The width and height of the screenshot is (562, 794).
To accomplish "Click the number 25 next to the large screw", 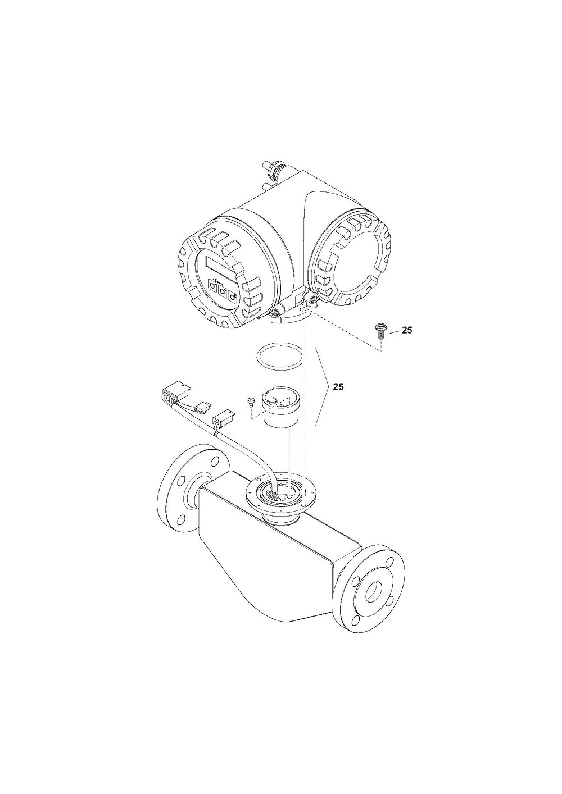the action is click(x=407, y=330).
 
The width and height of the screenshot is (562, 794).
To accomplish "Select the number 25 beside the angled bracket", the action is click(x=338, y=387).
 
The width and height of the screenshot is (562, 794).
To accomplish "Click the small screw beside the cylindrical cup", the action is click(x=251, y=401).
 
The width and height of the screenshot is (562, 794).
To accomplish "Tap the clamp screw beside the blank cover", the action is click(x=313, y=299).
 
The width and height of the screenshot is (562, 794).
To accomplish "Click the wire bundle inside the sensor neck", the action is click(x=277, y=495).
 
